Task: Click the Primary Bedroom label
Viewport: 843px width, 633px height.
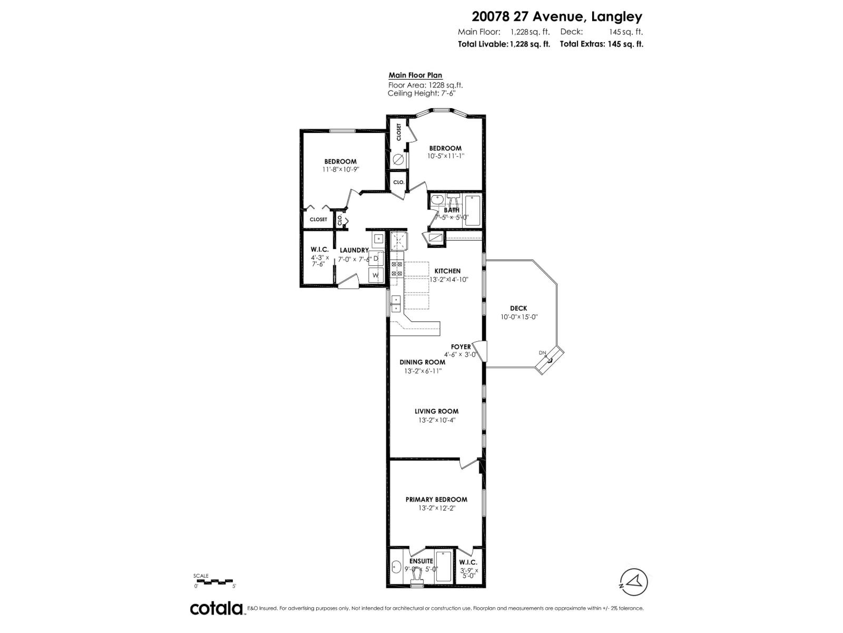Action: coord(436,500)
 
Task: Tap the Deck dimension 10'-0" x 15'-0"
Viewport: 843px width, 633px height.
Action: coord(518,317)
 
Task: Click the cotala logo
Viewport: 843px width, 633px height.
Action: coord(216,608)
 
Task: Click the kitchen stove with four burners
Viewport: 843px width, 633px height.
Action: coord(397,268)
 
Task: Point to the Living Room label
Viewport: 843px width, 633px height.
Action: coord(436,411)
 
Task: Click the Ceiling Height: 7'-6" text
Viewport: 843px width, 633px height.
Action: coord(421,93)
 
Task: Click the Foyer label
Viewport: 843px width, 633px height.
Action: coord(460,347)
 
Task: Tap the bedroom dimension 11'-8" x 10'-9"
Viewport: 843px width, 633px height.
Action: coord(340,170)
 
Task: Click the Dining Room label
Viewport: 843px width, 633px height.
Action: coord(422,362)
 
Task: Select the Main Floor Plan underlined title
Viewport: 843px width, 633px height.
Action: coord(415,75)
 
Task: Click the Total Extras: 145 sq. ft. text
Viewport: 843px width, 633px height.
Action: coord(601,44)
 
